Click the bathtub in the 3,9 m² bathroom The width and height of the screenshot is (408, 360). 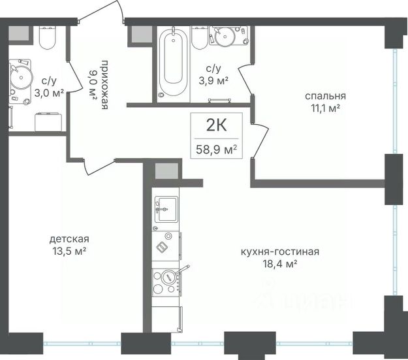[x=174, y=62]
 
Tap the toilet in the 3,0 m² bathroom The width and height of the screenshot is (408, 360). [x=47, y=38]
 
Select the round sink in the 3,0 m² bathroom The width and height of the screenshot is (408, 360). [x=21, y=77]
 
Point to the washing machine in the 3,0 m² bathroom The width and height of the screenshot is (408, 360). [x=48, y=122]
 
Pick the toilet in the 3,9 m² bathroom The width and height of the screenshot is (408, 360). [x=200, y=37]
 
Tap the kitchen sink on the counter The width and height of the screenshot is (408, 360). [x=166, y=209]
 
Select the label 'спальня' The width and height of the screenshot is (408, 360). [x=326, y=96]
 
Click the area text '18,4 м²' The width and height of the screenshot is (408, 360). [x=280, y=264]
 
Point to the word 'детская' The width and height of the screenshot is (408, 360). [x=69, y=238]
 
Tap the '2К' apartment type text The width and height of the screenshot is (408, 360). [x=217, y=125]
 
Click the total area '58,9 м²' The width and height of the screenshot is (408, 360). [x=217, y=150]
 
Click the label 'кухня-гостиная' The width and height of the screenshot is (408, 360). [x=280, y=252]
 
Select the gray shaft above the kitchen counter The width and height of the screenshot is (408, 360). [x=166, y=171]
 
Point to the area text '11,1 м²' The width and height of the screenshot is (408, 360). [x=326, y=108]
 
